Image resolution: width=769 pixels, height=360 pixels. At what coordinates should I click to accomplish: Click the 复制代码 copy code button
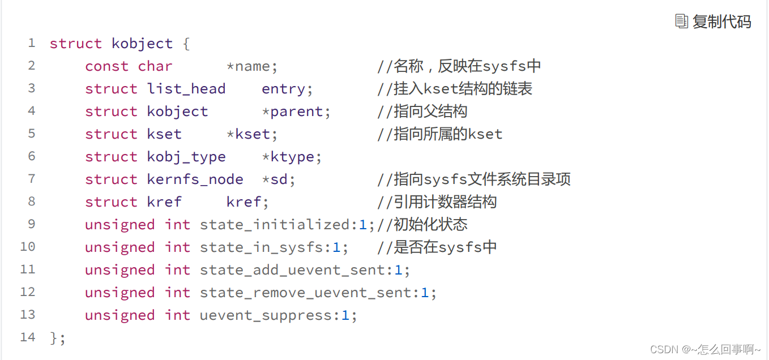(713, 22)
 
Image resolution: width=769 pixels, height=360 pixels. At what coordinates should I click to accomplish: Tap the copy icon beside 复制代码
(681, 22)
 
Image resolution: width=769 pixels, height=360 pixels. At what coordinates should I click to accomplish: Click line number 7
(32, 179)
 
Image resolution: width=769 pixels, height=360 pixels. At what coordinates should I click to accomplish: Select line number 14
(28, 337)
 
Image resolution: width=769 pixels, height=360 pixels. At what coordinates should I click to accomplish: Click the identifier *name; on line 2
(251, 66)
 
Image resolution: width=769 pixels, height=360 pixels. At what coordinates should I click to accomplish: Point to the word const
(107, 66)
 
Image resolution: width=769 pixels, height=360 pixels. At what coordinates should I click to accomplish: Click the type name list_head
(186, 89)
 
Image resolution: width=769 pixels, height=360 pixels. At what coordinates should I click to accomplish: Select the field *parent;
(296, 112)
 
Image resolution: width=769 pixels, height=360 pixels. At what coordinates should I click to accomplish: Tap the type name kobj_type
(186, 157)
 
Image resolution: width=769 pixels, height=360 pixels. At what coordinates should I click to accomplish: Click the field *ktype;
(292, 157)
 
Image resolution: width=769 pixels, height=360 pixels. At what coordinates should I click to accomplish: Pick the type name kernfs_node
(195, 179)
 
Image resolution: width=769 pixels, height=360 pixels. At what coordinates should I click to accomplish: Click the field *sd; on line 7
(278, 179)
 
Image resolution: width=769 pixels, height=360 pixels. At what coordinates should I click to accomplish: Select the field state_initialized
(275, 225)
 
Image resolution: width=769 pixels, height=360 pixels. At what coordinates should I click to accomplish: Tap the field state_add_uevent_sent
(293, 270)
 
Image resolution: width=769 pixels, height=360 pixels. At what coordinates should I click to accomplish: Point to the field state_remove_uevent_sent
(306, 293)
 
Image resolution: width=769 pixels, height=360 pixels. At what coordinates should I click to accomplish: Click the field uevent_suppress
(266, 316)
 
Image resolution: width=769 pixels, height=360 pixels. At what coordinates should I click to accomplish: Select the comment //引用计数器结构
(437, 202)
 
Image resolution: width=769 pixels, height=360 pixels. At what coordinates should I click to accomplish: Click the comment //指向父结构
(422, 112)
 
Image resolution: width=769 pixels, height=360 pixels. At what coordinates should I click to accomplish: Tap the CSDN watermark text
(705, 349)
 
